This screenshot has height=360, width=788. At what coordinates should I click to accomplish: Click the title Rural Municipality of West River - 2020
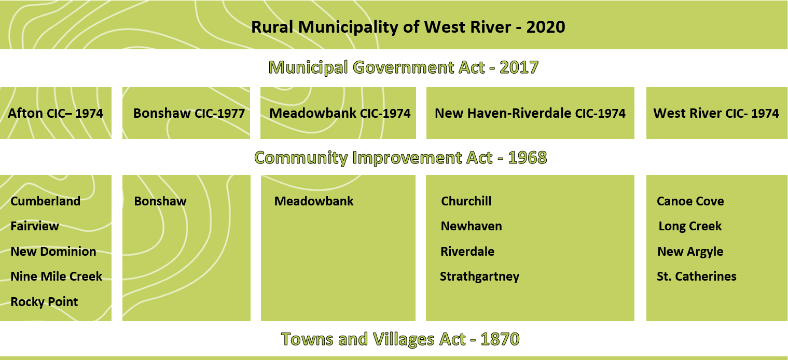(408, 27)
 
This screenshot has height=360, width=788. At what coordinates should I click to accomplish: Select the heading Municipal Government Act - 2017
(404, 67)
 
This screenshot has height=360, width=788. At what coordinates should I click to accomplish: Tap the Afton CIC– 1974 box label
(55, 113)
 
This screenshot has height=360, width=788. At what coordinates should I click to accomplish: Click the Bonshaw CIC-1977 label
(189, 113)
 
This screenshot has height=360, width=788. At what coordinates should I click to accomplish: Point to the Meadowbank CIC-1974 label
(340, 113)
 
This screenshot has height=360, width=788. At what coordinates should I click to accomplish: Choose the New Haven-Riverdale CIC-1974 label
(530, 113)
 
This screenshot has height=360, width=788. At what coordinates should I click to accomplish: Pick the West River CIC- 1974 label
(716, 113)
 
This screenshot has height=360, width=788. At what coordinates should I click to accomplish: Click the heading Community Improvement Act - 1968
(400, 157)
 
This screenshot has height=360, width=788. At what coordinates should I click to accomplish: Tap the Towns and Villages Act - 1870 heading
(400, 339)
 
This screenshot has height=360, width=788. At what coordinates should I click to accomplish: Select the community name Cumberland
(45, 201)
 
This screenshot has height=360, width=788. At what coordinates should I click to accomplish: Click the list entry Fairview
(35, 226)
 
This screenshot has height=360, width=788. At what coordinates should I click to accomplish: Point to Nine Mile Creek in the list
(56, 276)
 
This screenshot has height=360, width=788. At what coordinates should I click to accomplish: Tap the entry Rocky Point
(44, 302)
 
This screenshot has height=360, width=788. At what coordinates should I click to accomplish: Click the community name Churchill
(466, 201)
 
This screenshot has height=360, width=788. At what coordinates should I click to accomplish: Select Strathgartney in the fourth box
(479, 276)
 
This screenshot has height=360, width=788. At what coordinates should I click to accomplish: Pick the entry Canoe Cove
(690, 201)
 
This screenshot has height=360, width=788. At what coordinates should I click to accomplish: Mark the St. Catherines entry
(697, 276)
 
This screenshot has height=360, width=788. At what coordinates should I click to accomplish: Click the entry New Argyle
(690, 252)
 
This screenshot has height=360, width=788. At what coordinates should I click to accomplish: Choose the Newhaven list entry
(472, 226)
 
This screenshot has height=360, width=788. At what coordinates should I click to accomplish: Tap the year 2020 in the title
(546, 27)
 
